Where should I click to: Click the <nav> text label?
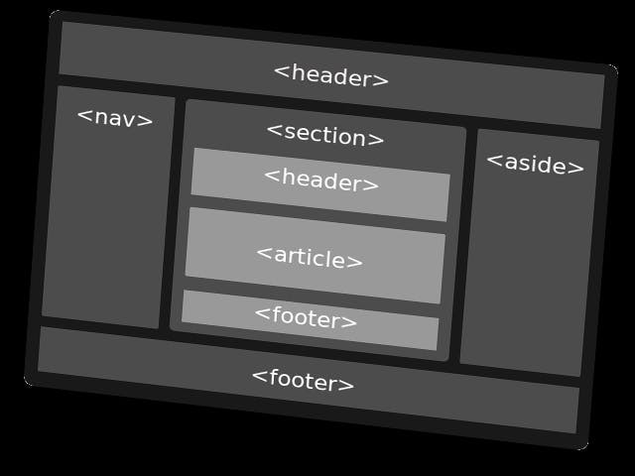point(115,118)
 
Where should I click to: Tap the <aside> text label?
point(535,164)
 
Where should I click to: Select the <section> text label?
point(325,135)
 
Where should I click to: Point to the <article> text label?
point(310,257)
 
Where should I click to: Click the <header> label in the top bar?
point(331,76)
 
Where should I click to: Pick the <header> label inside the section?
point(321,180)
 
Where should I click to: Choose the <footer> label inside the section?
point(306,317)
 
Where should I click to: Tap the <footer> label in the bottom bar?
point(303,379)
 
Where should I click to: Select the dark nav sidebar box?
point(107,228)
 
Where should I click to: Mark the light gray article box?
point(315,278)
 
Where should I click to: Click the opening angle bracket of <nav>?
point(83,115)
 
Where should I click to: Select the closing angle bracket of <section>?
point(378,140)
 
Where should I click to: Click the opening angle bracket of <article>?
point(263,252)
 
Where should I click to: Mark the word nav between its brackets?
point(116,118)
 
